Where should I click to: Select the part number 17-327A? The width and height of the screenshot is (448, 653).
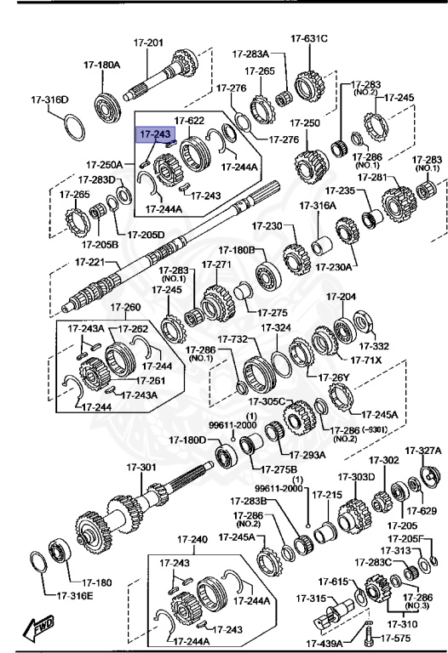pyautogui.click(x=423, y=450)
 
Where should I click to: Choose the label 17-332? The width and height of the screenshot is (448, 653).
pyautogui.click(x=373, y=345)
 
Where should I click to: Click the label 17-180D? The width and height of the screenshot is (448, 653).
pyautogui.click(x=187, y=440)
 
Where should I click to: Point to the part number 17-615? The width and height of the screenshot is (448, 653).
pyautogui.click(x=335, y=581)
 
